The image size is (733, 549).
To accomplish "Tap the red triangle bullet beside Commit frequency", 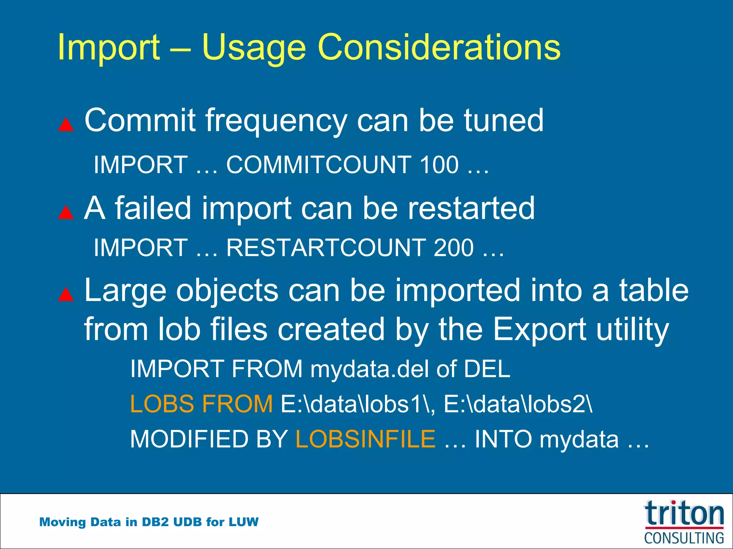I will coord(66,125).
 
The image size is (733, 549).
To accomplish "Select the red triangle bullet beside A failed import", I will coord(66,212).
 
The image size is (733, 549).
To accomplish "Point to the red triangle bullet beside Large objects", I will coord(66,295).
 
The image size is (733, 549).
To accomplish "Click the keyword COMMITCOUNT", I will coord(319,165).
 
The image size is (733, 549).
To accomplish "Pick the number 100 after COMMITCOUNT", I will coord(439,165).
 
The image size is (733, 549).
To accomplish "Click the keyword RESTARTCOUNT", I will coord(325,248).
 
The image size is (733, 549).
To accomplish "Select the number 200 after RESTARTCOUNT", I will coord(453,248).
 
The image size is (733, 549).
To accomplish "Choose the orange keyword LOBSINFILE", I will coord(365,439).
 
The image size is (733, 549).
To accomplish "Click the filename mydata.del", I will coord(369,369).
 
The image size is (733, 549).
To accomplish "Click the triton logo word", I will coord(684,513).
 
